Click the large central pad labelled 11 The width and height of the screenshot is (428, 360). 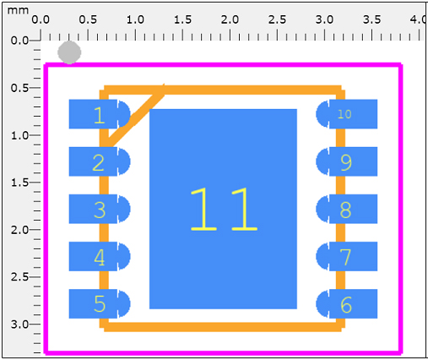tap(223, 209)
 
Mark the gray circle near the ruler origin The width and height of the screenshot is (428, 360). tap(69, 52)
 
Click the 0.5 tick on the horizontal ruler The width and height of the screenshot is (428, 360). tap(88, 34)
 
